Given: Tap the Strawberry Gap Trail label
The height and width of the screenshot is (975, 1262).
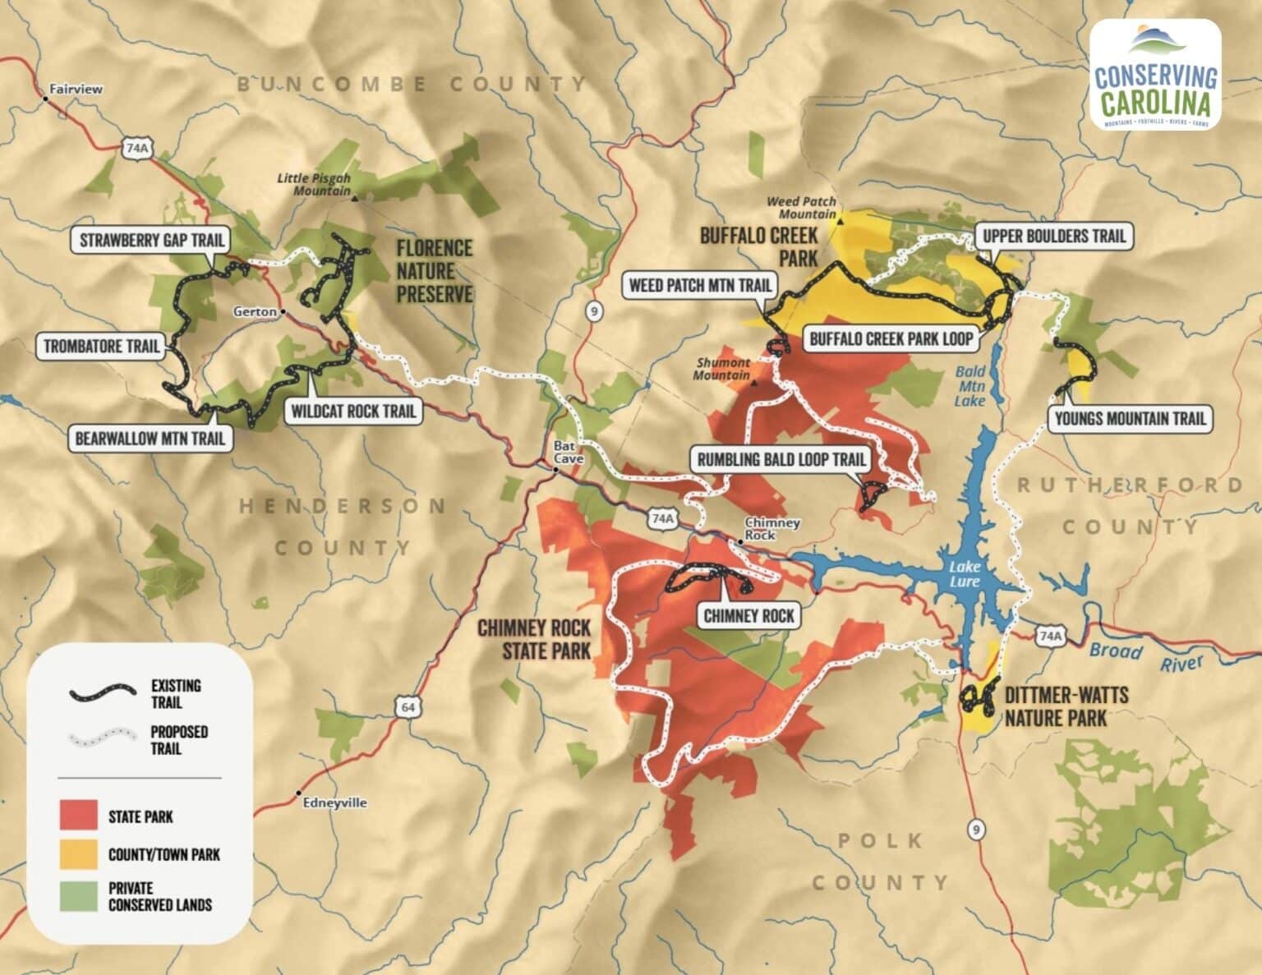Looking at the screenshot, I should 151,240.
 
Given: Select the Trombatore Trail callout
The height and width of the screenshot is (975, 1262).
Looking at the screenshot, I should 102,346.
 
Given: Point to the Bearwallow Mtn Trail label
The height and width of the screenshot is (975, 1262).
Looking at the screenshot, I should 150,438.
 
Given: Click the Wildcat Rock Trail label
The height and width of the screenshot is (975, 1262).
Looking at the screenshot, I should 352,410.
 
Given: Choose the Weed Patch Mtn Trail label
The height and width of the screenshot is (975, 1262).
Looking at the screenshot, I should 700,285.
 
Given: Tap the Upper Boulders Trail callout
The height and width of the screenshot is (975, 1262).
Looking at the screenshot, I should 1053,237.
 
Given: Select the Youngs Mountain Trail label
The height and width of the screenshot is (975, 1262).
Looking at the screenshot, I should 1129,419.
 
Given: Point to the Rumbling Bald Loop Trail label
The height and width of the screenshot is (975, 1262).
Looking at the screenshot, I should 781,459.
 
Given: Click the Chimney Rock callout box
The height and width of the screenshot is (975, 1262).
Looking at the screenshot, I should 749,615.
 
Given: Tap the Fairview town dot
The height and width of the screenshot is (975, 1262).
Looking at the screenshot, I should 45,99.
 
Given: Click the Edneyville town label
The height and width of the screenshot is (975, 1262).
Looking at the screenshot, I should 334,803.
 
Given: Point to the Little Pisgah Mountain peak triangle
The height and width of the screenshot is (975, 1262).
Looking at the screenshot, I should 354,198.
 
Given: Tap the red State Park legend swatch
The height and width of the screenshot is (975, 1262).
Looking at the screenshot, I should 78,815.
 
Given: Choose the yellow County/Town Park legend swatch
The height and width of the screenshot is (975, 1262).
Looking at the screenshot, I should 78,854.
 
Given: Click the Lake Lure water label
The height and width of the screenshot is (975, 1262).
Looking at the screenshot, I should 965,574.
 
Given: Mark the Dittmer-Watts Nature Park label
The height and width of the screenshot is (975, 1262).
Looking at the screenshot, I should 1066,706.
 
